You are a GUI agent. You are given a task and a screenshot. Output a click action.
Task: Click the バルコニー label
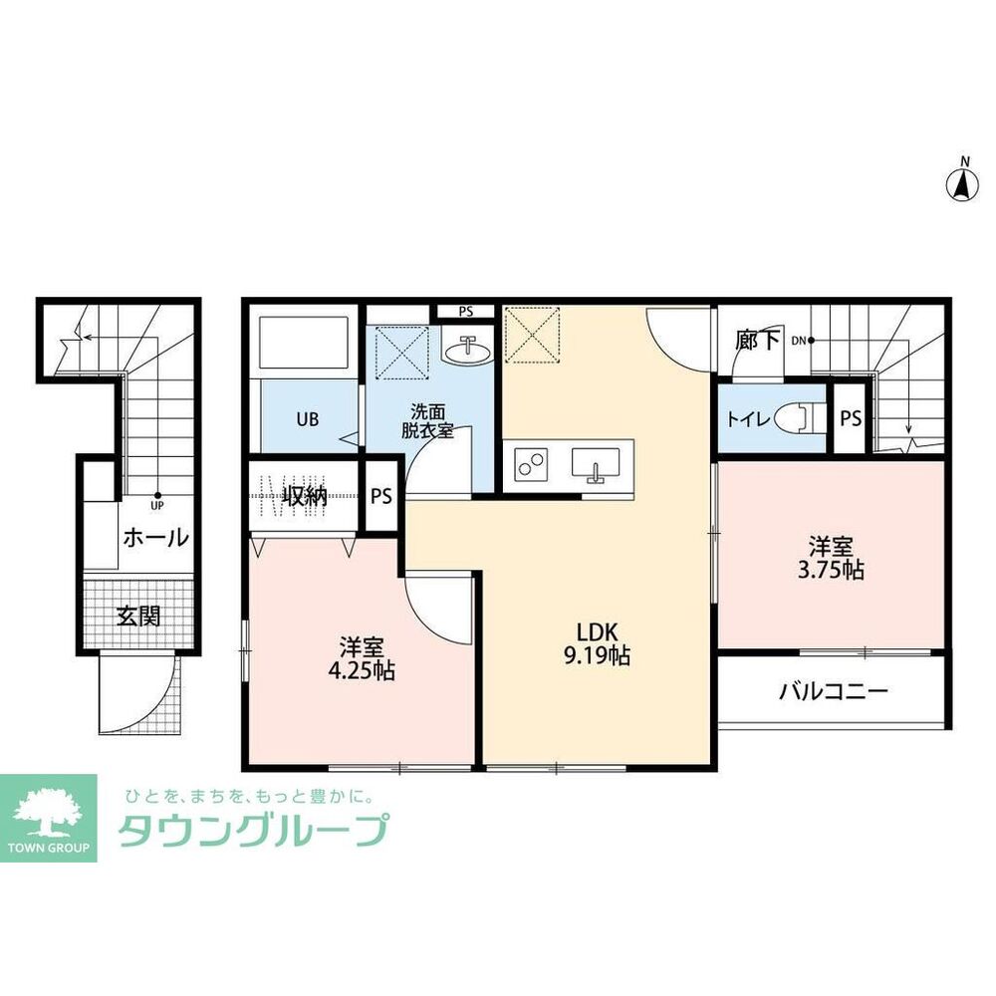833,690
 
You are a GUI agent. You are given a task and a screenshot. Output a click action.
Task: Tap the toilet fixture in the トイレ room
801,419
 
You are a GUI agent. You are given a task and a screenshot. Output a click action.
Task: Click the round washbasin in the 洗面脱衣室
463,351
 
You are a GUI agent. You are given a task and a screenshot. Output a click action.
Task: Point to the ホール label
155,538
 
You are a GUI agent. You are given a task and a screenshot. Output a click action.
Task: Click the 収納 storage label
303,496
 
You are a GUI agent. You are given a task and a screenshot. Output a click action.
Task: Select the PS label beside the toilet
850,419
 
